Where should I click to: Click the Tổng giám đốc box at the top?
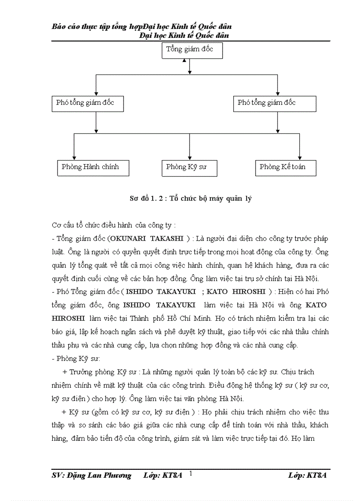(192, 50)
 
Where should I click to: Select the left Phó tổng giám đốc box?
(87, 104)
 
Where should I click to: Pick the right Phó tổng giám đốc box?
(275, 104)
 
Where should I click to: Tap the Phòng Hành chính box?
(94, 168)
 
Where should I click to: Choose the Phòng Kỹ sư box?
(190, 168)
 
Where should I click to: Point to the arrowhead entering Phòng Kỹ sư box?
(190, 157)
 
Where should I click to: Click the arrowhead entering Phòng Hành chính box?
(74, 157)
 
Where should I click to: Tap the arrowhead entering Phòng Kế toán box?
(299, 157)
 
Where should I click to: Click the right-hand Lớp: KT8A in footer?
(307, 476)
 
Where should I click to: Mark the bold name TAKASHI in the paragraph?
(169, 239)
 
